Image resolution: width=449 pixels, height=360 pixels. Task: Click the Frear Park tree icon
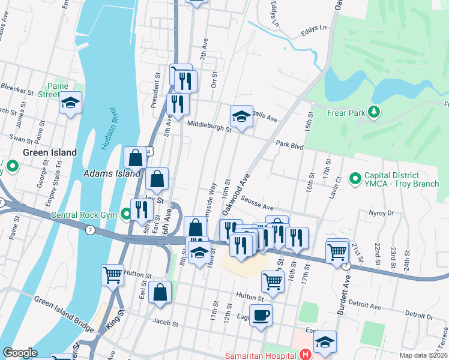pos(374,112)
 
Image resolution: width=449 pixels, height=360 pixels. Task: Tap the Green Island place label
pos(50,152)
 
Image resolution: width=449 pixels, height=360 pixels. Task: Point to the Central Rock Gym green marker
pos(126,213)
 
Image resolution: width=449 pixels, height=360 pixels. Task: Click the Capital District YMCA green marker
pos(355,178)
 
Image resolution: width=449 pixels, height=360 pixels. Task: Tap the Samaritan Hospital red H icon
pos(306,355)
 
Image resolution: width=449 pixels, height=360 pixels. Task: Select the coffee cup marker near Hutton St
pos(261,314)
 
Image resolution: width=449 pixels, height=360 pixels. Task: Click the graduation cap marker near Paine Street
pos(70,102)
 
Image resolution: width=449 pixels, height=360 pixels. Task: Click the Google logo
pos(20,353)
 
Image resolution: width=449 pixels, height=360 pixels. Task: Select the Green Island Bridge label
pos(64,314)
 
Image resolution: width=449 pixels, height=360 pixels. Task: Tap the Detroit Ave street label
pos(365,307)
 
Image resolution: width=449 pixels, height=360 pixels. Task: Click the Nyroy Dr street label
pos(381,212)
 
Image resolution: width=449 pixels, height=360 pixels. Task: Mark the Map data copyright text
pos(423,355)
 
